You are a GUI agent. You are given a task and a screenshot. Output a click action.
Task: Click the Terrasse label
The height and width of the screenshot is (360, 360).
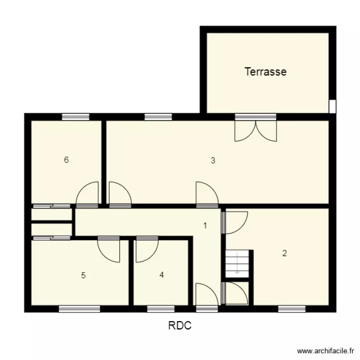(x=265, y=72)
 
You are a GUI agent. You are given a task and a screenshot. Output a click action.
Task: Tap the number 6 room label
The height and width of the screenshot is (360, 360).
(x=66, y=160)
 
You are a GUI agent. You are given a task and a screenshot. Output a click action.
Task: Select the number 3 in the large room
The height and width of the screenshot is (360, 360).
(x=213, y=161)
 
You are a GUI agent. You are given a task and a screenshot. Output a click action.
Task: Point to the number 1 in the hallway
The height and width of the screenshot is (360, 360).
(x=205, y=225)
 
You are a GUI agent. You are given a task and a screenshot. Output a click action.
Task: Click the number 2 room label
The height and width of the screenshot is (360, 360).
(x=284, y=253)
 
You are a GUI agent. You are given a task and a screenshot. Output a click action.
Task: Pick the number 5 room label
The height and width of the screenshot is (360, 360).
(x=83, y=276)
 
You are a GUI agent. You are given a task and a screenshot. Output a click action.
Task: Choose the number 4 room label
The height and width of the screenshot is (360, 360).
(x=162, y=275)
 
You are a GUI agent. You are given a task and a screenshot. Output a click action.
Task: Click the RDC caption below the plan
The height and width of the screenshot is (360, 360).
(x=180, y=326)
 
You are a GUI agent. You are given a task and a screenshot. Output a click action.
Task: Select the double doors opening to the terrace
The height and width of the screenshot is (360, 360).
(x=255, y=129)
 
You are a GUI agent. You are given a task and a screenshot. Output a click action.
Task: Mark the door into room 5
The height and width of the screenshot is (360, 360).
(x=109, y=249)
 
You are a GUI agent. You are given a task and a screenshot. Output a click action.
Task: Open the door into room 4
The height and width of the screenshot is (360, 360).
(x=146, y=250)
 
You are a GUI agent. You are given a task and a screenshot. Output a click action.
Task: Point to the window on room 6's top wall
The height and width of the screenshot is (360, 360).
(x=75, y=116)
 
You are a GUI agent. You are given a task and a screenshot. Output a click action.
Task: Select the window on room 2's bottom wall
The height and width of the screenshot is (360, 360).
(x=292, y=309)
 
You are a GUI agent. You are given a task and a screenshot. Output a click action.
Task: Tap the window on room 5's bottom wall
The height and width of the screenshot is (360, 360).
(x=76, y=309)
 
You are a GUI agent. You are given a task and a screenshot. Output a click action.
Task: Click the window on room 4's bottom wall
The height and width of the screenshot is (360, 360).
(x=161, y=309)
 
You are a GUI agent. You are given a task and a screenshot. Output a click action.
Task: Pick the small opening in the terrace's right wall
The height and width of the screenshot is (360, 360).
(x=332, y=106)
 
